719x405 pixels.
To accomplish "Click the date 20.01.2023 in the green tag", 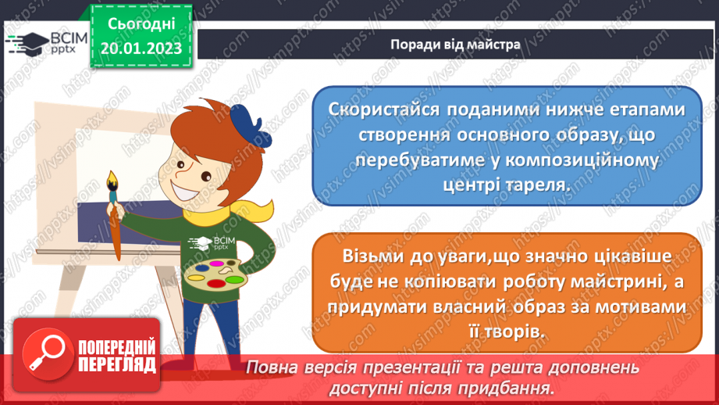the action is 141,48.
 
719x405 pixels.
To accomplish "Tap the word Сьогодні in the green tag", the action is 141,24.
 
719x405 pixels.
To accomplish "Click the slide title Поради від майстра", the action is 455,45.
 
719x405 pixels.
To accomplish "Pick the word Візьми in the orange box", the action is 367,256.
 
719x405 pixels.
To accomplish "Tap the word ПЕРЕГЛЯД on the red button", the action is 117,365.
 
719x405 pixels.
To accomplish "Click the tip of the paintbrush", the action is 112,173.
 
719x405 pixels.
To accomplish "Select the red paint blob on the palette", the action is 216,284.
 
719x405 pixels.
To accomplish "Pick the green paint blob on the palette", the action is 234,278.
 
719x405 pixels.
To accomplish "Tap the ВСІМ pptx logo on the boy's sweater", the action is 212,243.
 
